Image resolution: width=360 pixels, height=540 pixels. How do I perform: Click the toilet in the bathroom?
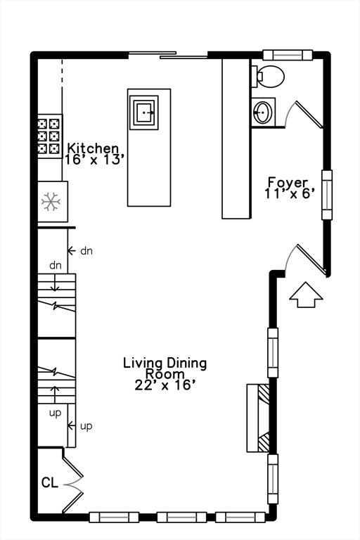tap(268, 76)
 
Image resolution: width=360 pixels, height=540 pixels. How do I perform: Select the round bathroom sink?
tap(263, 112)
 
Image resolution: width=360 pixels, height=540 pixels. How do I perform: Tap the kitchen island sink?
tap(143, 112)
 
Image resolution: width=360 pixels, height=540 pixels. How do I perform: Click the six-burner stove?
tap(50, 136)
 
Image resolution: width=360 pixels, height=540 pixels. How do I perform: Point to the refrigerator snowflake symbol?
tap(51, 202)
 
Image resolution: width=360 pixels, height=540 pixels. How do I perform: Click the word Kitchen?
tap(92, 148)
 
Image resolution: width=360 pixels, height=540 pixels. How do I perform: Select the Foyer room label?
tap(288, 183)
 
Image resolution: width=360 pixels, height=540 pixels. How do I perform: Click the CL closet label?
tap(50, 482)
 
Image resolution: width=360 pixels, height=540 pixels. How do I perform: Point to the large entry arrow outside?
tap(306, 295)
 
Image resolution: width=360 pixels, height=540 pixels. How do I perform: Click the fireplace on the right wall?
tap(258, 418)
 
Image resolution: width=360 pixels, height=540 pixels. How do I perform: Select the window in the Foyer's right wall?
tap(327, 195)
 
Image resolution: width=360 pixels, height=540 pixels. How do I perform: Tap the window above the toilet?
tap(288, 55)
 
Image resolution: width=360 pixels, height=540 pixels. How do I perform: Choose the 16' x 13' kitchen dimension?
tap(94, 160)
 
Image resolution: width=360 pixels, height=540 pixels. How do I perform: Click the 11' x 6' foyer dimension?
tap(290, 193)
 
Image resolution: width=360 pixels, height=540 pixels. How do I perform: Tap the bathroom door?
tap(304, 114)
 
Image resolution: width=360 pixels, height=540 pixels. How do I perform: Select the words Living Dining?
tap(165, 364)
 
